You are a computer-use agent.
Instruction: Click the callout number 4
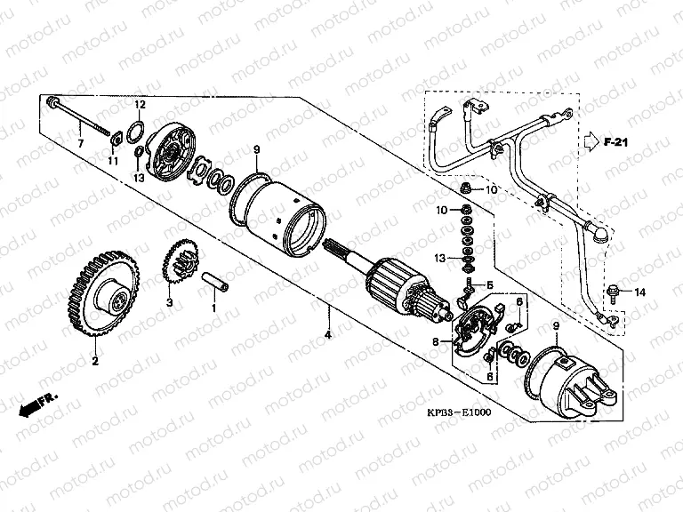(x=328, y=334)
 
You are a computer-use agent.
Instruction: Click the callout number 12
(x=140, y=105)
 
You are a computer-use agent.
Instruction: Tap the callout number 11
(x=112, y=161)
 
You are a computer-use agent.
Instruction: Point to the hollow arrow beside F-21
(x=591, y=140)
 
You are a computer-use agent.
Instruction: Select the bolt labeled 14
(x=615, y=292)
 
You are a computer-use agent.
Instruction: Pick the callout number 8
(x=437, y=341)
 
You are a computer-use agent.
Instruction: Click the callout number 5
(x=488, y=285)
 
